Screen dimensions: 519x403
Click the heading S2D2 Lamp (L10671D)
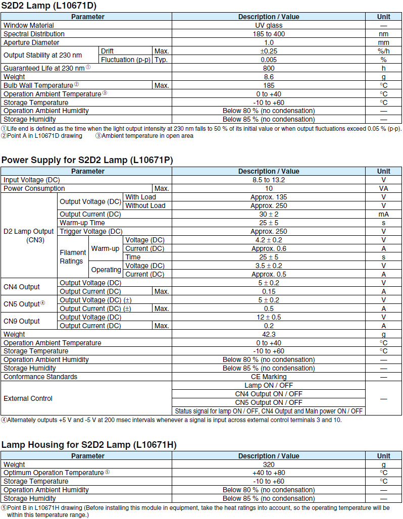click(x=49, y=6)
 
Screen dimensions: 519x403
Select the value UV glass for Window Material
click(x=269, y=25)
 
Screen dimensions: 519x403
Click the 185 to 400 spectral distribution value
click(x=269, y=34)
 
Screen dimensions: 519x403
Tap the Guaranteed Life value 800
click(x=269, y=68)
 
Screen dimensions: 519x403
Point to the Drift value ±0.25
click(x=269, y=51)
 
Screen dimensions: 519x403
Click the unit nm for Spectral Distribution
click(x=383, y=34)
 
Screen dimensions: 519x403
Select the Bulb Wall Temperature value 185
click(x=269, y=85)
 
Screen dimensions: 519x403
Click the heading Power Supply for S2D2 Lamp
click(x=87, y=160)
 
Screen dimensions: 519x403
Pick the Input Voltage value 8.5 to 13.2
click(x=269, y=180)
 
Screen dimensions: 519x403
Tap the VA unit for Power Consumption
click(x=383, y=188)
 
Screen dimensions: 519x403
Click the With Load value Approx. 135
click(x=269, y=197)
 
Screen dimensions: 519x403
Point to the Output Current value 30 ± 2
click(x=269, y=214)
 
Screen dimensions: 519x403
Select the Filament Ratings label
click(x=73, y=257)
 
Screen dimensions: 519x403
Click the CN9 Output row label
click(x=22, y=321)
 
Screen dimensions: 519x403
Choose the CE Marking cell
click(x=269, y=377)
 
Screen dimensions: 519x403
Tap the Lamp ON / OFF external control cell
click(x=269, y=385)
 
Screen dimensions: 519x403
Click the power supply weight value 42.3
click(x=269, y=334)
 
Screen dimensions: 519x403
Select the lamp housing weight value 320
click(x=269, y=464)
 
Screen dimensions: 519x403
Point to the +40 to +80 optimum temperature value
click(x=269, y=473)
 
